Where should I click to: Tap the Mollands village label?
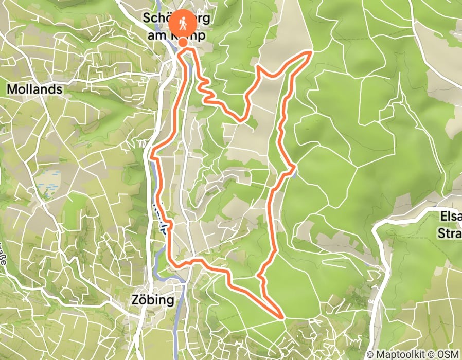[x=35, y=89]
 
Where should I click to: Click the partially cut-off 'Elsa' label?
[x=449, y=218]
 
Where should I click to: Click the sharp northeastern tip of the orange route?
[x=312, y=51]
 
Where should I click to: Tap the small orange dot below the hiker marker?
[x=183, y=50]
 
